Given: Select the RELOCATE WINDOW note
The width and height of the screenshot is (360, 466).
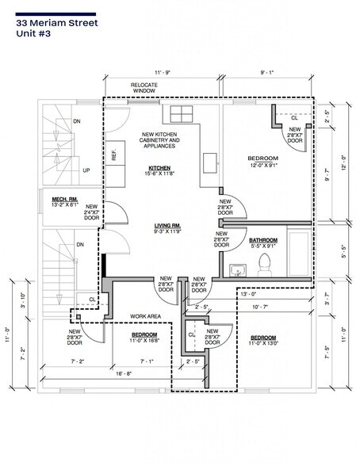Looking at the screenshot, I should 144,87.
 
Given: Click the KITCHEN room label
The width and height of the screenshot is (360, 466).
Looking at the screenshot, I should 160,168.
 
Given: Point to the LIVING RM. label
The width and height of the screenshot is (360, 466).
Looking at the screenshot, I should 168,227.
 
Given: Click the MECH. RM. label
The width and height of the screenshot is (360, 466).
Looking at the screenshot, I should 66,199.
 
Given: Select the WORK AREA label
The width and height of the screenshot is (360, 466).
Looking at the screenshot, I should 146,316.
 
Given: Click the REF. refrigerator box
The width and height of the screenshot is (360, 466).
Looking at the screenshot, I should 114,155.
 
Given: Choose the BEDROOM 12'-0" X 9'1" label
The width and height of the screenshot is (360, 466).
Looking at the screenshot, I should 262,162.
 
